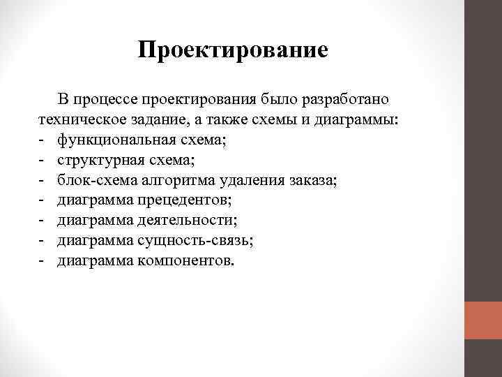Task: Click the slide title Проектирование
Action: click(233, 50)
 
